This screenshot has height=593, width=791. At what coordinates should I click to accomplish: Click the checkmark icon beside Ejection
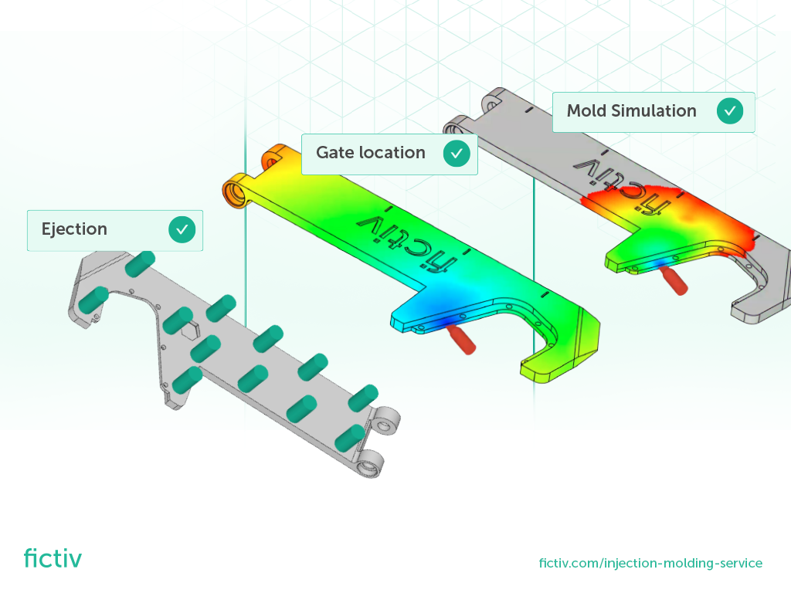tap(182, 229)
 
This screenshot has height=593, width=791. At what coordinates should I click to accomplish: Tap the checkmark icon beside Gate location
tap(457, 154)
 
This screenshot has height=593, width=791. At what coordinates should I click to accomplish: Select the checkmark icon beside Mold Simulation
tap(730, 111)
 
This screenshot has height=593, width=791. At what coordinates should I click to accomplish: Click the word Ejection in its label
tap(74, 229)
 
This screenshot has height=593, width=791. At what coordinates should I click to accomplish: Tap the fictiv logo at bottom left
tap(53, 557)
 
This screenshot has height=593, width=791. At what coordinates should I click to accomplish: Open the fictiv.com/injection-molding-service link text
tap(650, 564)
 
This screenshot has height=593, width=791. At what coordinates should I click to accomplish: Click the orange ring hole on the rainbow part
tap(233, 190)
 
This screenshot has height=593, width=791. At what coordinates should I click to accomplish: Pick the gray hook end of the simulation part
tap(753, 310)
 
